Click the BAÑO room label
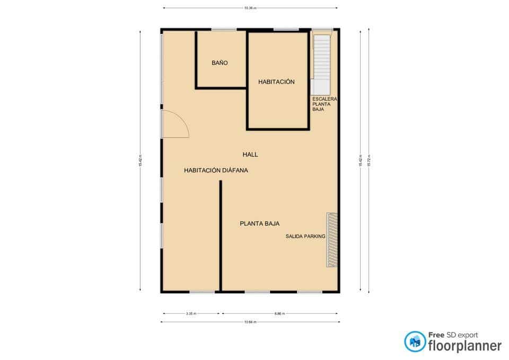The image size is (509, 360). (220, 63)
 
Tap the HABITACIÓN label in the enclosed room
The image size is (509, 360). (276, 82)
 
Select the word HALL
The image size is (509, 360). (250, 154)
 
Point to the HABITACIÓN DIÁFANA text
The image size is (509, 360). (216, 171)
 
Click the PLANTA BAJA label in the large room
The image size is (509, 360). (260, 224)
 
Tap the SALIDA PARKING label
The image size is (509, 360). (305, 236)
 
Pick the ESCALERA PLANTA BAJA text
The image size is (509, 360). (325, 104)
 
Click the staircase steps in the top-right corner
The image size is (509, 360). (322, 58)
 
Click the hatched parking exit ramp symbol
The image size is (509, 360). (332, 240)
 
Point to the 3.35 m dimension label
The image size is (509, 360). (191, 314)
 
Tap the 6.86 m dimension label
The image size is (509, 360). (280, 314)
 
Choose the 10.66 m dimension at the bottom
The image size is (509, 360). (250, 322)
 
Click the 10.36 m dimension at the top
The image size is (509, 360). (250, 8)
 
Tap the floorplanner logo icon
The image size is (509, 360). (415, 341)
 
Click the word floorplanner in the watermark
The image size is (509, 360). (465, 346)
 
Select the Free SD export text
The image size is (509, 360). (453, 335)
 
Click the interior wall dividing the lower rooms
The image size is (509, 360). (221, 236)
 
